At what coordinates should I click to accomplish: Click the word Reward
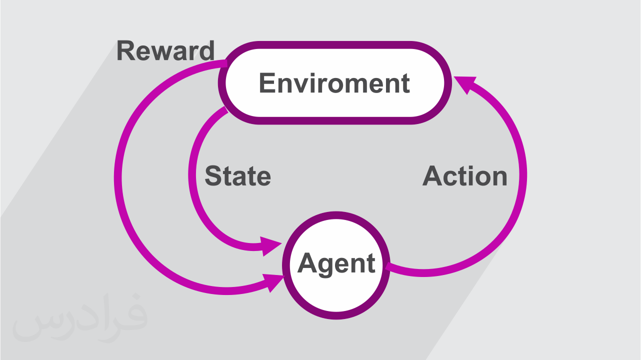(x=165, y=51)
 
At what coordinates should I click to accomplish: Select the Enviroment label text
(x=334, y=83)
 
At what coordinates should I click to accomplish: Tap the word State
(x=237, y=176)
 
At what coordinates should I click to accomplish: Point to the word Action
(x=465, y=176)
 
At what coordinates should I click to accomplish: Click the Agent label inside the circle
(x=336, y=263)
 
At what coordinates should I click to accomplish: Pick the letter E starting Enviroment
(x=267, y=83)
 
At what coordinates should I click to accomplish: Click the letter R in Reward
(x=125, y=51)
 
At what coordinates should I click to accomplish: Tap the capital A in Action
(x=433, y=176)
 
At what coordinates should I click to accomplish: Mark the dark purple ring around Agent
(x=336, y=215)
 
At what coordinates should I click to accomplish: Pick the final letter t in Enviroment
(x=405, y=83)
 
